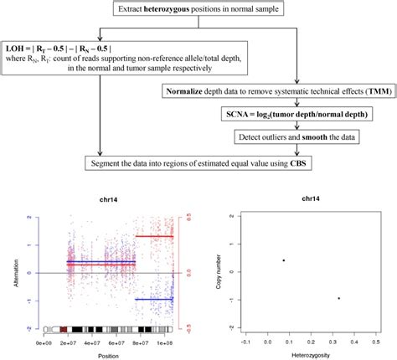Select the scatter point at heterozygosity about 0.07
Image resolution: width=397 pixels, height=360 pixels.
(285, 260)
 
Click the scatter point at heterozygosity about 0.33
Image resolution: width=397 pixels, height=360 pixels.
(338, 298)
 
